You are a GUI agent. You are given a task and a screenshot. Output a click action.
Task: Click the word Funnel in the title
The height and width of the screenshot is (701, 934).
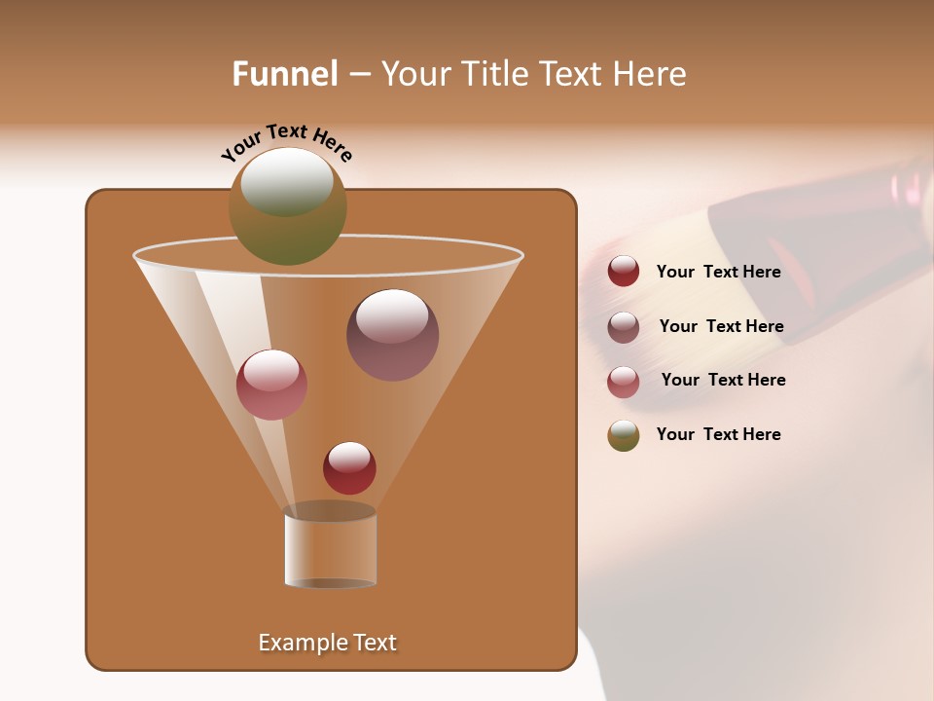284,74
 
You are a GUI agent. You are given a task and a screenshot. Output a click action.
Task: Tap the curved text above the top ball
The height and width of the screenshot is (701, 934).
287,142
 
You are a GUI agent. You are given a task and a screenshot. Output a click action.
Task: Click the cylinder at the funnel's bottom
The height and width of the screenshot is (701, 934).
330,550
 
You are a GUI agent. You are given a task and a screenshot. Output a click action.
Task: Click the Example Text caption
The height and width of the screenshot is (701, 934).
328,643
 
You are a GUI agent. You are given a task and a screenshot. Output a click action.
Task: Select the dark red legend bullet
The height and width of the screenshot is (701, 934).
624,272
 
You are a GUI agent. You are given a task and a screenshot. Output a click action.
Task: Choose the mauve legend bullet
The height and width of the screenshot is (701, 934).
624,327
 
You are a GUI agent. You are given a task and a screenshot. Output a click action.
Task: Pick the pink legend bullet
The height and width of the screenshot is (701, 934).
624,382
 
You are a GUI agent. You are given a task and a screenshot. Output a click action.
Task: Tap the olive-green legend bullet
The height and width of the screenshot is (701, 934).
624,435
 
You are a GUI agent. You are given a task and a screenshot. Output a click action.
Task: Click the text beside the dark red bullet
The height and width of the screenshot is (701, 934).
718,272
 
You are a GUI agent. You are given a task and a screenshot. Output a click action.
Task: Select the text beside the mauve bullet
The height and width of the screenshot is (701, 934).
721,326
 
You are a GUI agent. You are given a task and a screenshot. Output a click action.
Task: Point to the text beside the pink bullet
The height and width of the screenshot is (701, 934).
723,380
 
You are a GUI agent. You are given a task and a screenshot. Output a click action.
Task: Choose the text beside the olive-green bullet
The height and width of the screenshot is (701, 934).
718,434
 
